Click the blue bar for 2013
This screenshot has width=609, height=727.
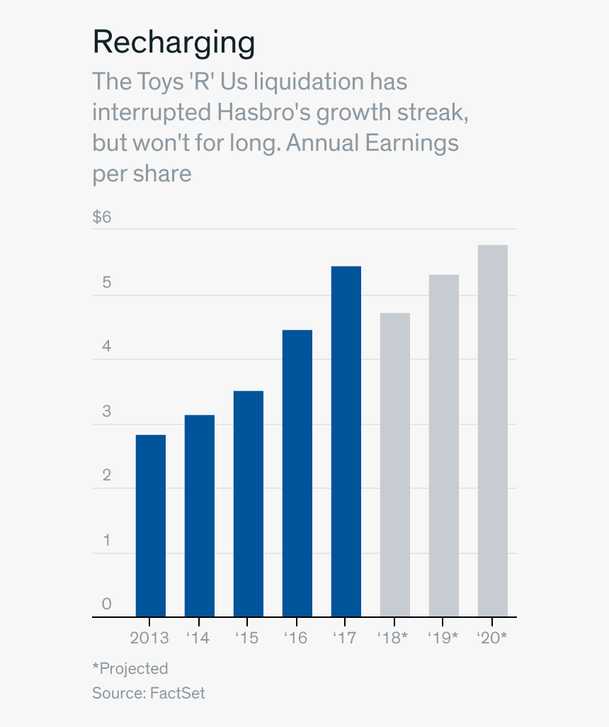click(150, 526)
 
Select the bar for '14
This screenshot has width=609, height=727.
click(199, 516)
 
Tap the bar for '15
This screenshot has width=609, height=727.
click(248, 504)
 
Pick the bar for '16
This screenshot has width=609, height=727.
click(297, 473)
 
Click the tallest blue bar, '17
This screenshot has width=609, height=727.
click(346, 441)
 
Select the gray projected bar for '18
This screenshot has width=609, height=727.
click(394, 465)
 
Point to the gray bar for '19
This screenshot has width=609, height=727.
click(443, 446)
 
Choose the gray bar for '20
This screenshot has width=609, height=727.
click(492, 431)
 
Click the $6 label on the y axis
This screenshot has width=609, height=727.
click(102, 217)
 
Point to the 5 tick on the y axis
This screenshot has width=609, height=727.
click(106, 282)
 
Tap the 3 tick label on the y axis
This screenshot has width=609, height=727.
click(106, 411)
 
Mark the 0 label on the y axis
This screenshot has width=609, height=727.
click(106, 604)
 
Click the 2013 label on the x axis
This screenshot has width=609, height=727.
click(149, 638)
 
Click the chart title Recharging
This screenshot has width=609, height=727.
click(173, 43)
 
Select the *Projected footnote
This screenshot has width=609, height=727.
click(130, 668)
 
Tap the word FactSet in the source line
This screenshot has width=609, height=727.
click(178, 692)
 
